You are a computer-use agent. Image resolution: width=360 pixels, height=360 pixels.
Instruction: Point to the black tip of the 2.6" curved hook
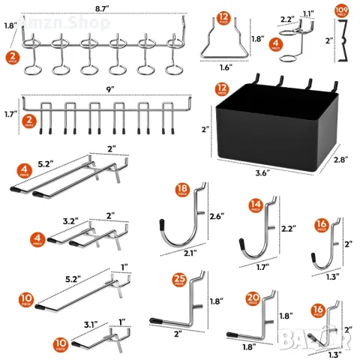tap(162, 223)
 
